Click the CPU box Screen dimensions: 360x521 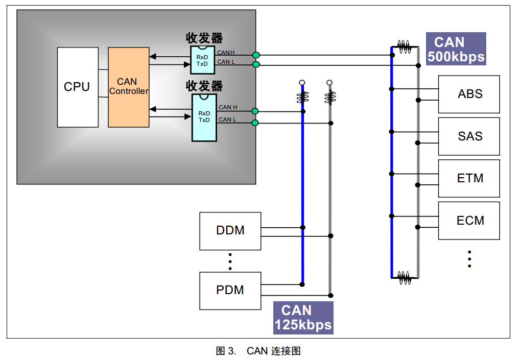click(x=78, y=87)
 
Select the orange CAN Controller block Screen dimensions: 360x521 click(x=129, y=87)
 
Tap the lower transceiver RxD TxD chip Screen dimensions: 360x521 click(x=204, y=117)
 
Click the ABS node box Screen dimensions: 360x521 click(x=469, y=94)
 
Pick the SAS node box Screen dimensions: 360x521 click(x=469, y=137)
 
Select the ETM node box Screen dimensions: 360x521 click(x=469, y=179)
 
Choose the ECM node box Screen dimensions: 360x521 click(x=469, y=221)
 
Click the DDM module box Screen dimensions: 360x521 click(x=230, y=231)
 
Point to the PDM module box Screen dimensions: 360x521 click(x=230, y=291)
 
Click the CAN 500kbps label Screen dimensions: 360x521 click(x=456, y=50)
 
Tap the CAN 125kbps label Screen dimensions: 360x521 click(x=303, y=318)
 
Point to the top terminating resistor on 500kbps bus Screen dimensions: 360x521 click(x=405, y=47)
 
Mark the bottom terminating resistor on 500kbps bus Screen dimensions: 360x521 click(x=405, y=277)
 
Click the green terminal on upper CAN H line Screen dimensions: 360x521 click(x=256, y=55)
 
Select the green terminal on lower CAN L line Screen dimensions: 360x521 click(x=255, y=123)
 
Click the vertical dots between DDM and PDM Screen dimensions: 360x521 click(x=230, y=261)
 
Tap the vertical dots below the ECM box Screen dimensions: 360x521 click(x=469, y=259)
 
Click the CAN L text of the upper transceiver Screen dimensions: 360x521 click(x=226, y=62)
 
